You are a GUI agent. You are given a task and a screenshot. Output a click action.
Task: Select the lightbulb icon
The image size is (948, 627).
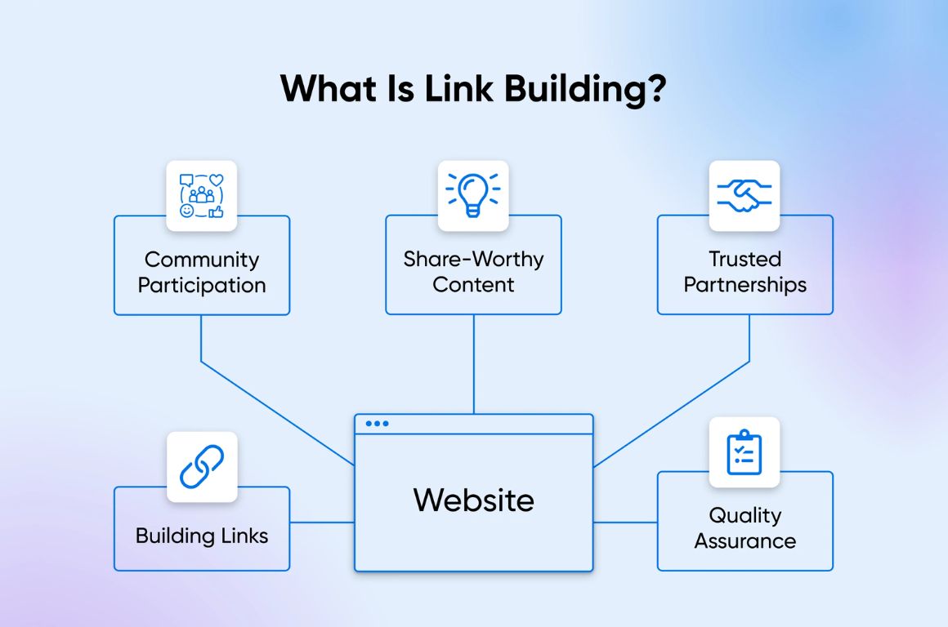pos(473,195)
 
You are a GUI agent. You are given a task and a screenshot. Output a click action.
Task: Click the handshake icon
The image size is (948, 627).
pos(745,195)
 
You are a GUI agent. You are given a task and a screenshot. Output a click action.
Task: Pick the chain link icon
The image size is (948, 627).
pos(202,467)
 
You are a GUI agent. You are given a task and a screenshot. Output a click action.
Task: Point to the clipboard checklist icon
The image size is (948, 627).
pos(745,452)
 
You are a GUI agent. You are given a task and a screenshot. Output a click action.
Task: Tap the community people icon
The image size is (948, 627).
pos(202,196)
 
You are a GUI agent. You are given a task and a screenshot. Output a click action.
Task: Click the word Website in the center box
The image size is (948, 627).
pos(474,500)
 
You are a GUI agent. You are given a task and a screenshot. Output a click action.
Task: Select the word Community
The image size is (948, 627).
pos(202,260)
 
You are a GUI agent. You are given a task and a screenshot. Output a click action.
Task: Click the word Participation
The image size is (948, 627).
pos(202,285)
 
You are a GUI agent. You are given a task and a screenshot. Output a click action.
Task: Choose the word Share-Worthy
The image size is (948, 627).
pos(473,260)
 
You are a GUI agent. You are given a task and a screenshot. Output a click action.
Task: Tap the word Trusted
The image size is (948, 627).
pos(745,260)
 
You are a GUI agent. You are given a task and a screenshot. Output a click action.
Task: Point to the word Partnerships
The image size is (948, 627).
pos(745,285)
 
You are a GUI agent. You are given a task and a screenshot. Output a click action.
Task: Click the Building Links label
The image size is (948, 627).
pos(202,536)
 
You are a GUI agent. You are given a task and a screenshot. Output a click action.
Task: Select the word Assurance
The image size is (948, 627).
pos(745,540)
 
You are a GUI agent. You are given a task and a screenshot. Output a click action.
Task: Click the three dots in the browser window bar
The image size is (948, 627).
pos(378,423)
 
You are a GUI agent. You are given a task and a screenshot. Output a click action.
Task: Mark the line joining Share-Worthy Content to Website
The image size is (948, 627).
pos(474,363)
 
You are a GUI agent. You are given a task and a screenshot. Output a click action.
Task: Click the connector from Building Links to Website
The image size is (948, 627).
pos(322,522)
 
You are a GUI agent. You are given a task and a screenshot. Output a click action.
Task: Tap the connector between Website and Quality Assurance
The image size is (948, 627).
pos(625,522)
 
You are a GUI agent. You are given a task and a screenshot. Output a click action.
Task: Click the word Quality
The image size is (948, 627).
pos(745,515)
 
